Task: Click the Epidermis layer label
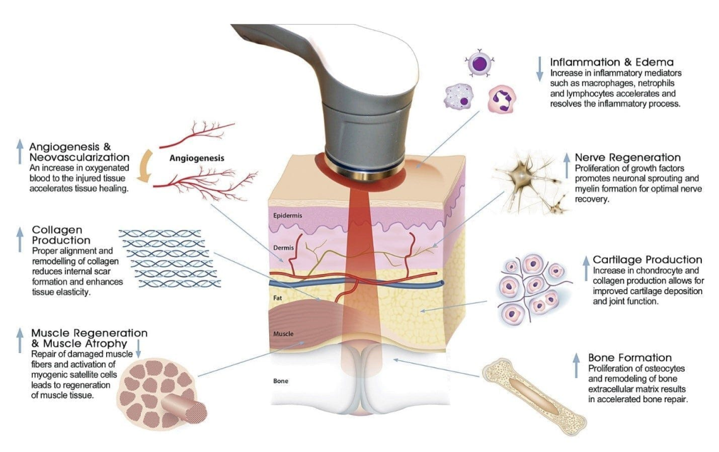287,215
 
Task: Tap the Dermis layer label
284,247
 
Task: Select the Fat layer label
277,298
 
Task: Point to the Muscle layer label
284,334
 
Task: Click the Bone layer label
281,381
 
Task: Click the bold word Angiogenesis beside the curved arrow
196,158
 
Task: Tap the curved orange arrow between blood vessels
145,166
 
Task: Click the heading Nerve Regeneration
628,158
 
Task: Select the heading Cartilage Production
648,259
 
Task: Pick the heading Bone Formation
630,358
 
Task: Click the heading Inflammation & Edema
612,62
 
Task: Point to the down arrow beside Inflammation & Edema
540,69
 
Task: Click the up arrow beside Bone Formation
577,366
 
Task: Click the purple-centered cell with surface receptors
478,62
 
